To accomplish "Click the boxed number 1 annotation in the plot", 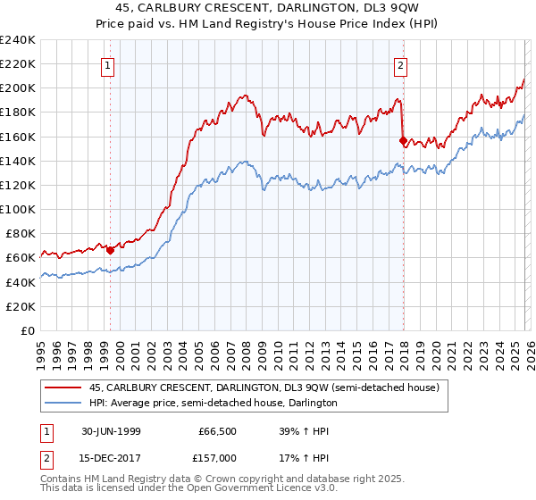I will point(108,64).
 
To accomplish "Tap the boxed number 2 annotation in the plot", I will point(401,64).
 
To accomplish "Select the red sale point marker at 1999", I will point(111,250).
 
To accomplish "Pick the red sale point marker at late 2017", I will point(403,140).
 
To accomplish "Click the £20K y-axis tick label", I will point(21,306).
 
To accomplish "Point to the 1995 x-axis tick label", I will point(41,348).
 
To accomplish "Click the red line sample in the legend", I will point(62,388).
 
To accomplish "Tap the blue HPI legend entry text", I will point(213,404).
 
